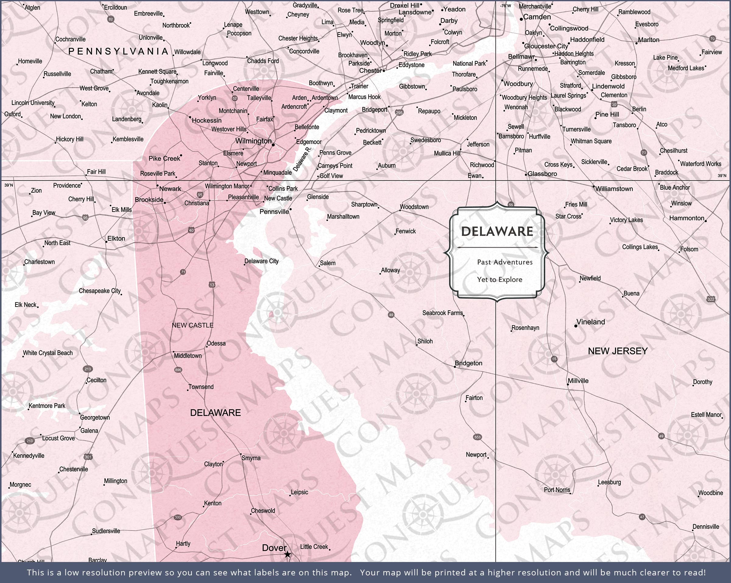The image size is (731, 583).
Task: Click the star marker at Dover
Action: [x=287, y=554]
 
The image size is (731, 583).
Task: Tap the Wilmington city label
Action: [x=253, y=141]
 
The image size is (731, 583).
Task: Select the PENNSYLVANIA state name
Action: [x=118, y=51]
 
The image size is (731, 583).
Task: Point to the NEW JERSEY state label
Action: [x=618, y=351]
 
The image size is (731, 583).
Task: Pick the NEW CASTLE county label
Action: [x=192, y=325]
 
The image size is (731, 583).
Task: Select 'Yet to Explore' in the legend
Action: [x=500, y=280]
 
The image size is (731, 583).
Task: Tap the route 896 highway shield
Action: [x=178, y=370]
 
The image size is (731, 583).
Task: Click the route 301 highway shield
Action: [x=88, y=457]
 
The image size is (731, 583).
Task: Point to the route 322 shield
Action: [x=711, y=299]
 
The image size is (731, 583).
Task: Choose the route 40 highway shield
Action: [x=191, y=230]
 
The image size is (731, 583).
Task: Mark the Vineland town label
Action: [x=591, y=322]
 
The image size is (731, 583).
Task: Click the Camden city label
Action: [x=537, y=17]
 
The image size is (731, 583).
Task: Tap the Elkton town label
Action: [x=116, y=239]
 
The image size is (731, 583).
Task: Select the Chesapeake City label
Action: [x=100, y=291]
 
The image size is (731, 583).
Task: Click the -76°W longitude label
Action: [x=505, y=6]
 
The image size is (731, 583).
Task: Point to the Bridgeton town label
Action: [x=468, y=363]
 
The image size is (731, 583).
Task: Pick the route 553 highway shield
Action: [x=477, y=437]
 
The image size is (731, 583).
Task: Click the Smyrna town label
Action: [x=251, y=458]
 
